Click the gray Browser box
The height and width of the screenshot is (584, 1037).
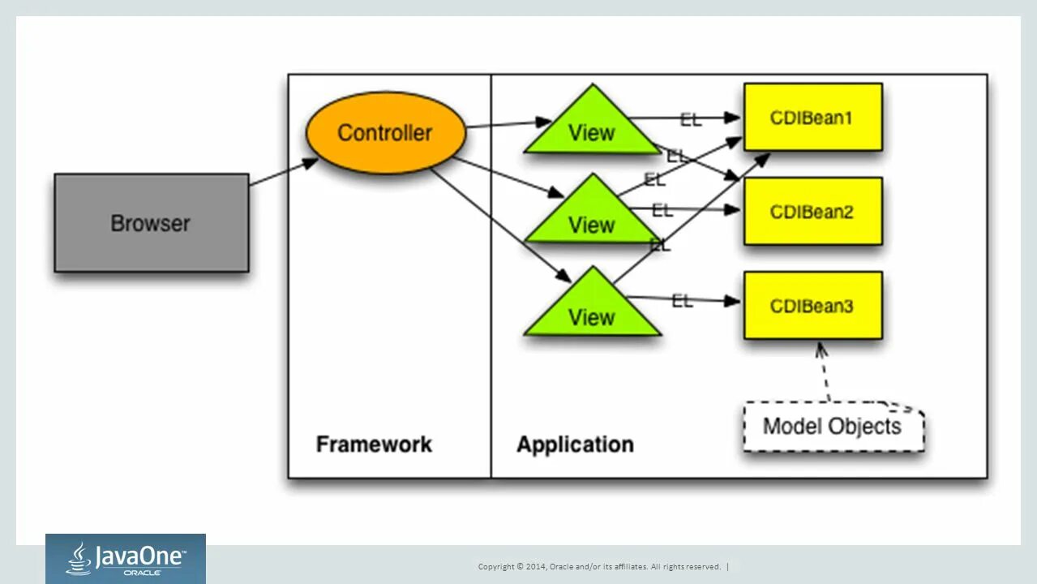152,223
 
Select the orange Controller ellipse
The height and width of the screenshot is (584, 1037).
385,133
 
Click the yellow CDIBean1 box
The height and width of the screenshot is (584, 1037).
812,118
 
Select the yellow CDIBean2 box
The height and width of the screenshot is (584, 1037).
812,212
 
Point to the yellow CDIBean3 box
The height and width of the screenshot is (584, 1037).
812,306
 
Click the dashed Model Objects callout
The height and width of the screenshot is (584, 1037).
833,427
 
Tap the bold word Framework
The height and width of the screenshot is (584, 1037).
374,444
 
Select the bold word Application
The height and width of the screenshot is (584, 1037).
575,444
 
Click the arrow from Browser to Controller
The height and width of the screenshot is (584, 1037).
283,172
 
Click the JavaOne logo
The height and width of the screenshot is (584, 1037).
126,559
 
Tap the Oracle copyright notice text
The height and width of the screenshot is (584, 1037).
599,567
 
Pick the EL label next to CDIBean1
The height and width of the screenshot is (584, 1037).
691,120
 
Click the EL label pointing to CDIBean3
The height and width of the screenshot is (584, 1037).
683,301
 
